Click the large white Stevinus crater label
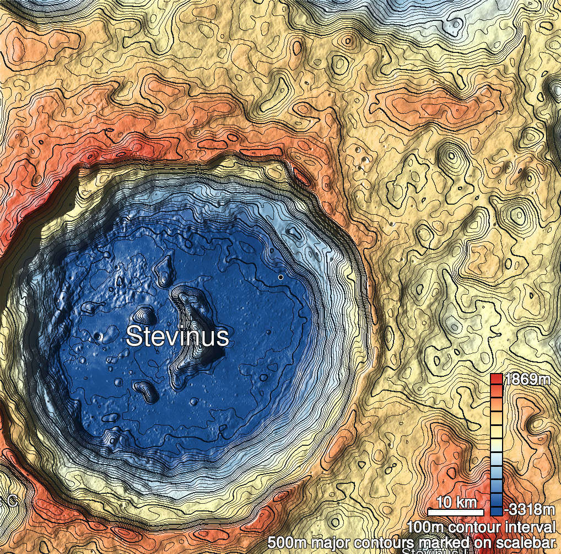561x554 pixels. click(x=177, y=336)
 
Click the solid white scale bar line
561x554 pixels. click(x=456, y=512)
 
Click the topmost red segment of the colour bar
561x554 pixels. click(x=497, y=379)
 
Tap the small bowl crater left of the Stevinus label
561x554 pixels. click(x=99, y=335)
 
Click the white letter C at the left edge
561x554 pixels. click(x=12, y=501)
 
